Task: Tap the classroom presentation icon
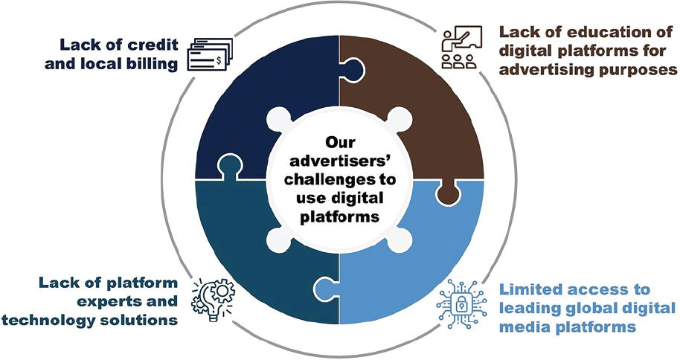point(461,48)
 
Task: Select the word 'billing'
point(151,63)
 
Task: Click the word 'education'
point(593,33)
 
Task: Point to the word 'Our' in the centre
point(339,141)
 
